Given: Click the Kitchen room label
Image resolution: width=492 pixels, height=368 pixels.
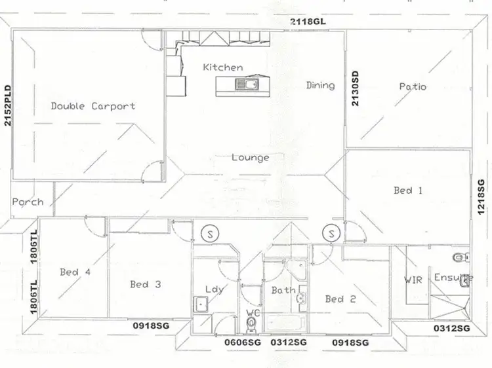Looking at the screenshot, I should click(222, 67).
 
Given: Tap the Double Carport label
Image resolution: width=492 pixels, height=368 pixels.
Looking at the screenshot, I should click(93, 106).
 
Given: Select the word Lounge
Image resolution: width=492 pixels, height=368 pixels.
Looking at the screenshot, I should click(250, 158).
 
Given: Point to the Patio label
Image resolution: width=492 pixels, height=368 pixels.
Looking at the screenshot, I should click(413, 86).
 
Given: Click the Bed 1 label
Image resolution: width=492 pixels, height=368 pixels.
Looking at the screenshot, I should click(407, 191).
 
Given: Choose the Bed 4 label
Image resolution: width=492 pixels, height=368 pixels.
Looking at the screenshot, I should click(75, 272).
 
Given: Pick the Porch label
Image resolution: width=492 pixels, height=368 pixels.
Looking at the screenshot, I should click(28, 202).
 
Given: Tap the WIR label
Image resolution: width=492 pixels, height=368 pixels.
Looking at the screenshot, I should click(413, 280).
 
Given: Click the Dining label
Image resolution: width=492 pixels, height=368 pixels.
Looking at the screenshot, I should click(320, 85).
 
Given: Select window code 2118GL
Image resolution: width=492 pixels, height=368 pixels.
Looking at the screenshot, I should click(308, 22).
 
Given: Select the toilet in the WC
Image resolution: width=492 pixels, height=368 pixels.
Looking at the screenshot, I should click(251, 323).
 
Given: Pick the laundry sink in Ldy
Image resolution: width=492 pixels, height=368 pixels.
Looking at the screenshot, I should click(201, 304).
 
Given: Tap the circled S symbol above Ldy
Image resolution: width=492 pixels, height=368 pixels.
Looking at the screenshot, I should click(210, 233).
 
